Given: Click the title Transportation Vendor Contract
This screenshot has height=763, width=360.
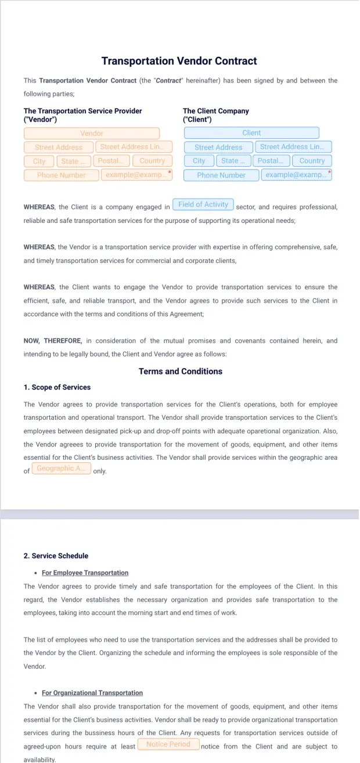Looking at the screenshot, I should point(179,61).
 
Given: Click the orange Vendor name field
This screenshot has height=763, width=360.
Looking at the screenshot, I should point(91,134).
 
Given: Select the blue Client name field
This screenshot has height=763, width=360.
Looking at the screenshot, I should point(251,133).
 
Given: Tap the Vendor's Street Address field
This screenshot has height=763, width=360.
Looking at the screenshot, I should point(58,147).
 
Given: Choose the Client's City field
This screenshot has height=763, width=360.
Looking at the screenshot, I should point(199,161).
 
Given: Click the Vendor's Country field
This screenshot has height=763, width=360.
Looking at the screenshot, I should point(152,161).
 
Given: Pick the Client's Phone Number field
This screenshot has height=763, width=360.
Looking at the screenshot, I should point(221,175).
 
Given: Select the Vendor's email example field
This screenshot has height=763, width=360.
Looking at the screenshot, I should point(135,175).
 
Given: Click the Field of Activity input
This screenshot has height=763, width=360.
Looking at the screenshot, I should point(203,204).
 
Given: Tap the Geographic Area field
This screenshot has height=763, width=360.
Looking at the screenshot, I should point(61,469).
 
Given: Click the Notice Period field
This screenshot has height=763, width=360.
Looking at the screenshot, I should point(168,744).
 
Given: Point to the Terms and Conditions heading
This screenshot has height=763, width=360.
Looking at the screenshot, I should point(180,372).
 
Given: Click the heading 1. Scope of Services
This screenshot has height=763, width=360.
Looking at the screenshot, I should point(57,387).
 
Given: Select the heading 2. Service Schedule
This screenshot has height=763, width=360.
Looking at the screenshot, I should point(56,556).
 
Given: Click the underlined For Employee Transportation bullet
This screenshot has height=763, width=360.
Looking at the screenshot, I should point(85,573).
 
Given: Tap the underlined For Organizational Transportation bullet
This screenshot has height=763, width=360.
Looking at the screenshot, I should point(92,693).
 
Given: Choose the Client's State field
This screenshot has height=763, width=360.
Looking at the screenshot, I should point(233,161).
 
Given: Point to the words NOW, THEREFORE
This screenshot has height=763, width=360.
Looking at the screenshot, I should point(53,341).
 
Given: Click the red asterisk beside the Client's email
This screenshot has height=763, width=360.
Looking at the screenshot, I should point(330,172).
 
